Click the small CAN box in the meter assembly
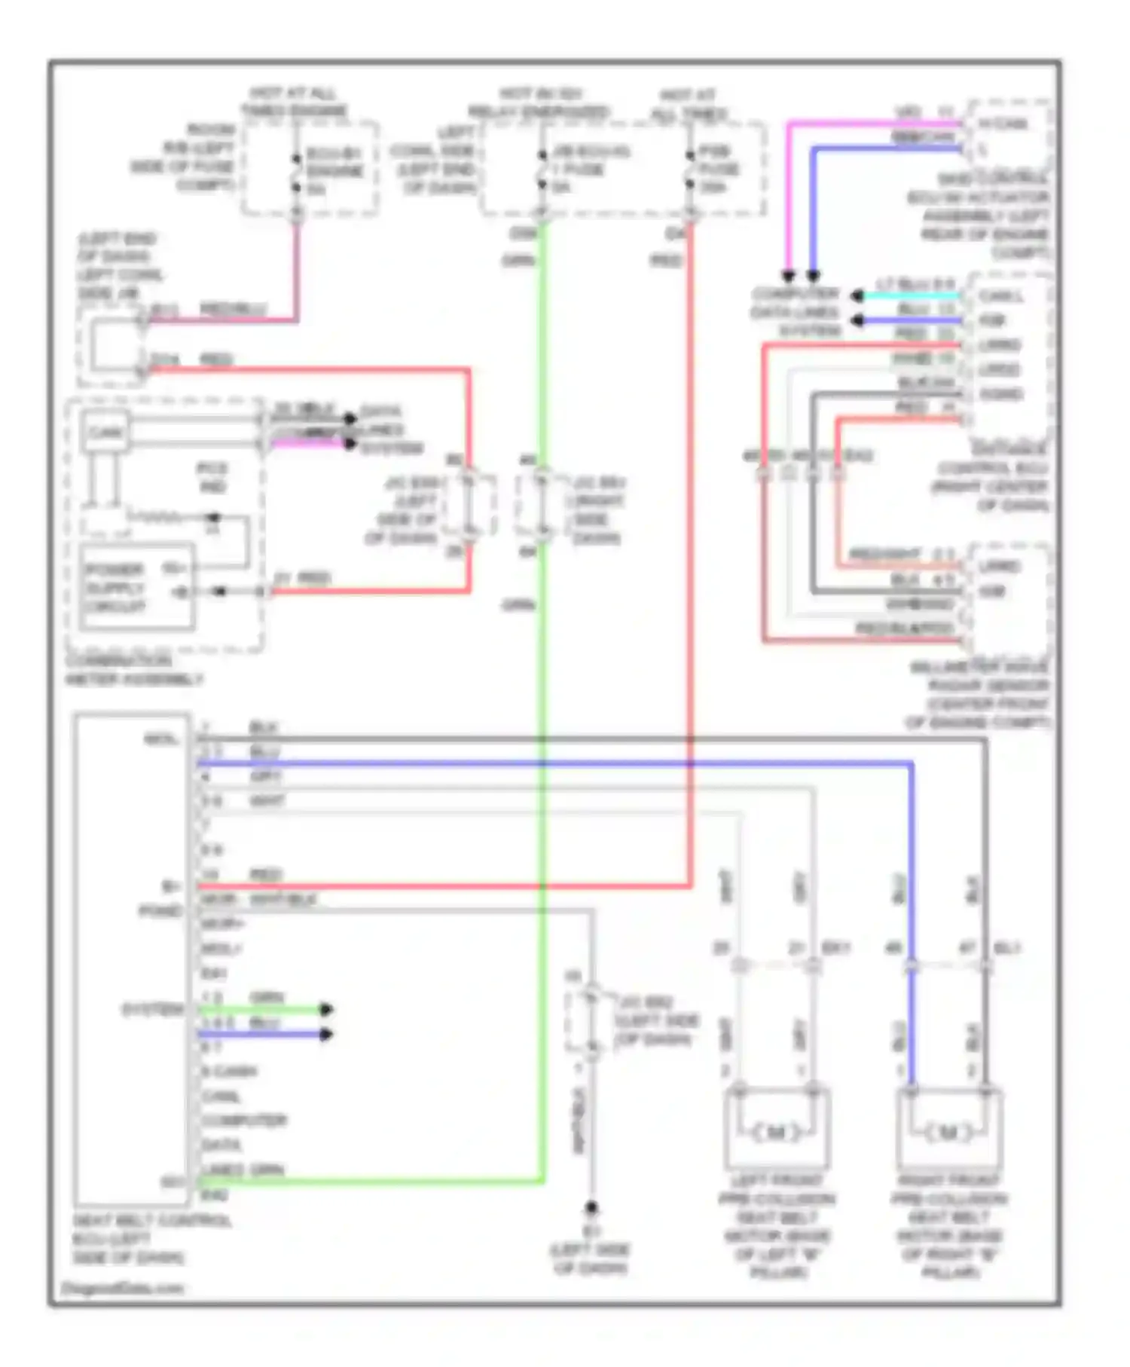tap(105, 433)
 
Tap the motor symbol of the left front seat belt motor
tap(777, 1132)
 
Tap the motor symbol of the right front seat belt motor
tap(948, 1132)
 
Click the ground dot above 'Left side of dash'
tap(591, 1208)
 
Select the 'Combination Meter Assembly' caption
tap(133, 670)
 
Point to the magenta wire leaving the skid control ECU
tap(866, 123)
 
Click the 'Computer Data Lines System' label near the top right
tap(796, 312)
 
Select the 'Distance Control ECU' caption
tap(991, 478)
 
